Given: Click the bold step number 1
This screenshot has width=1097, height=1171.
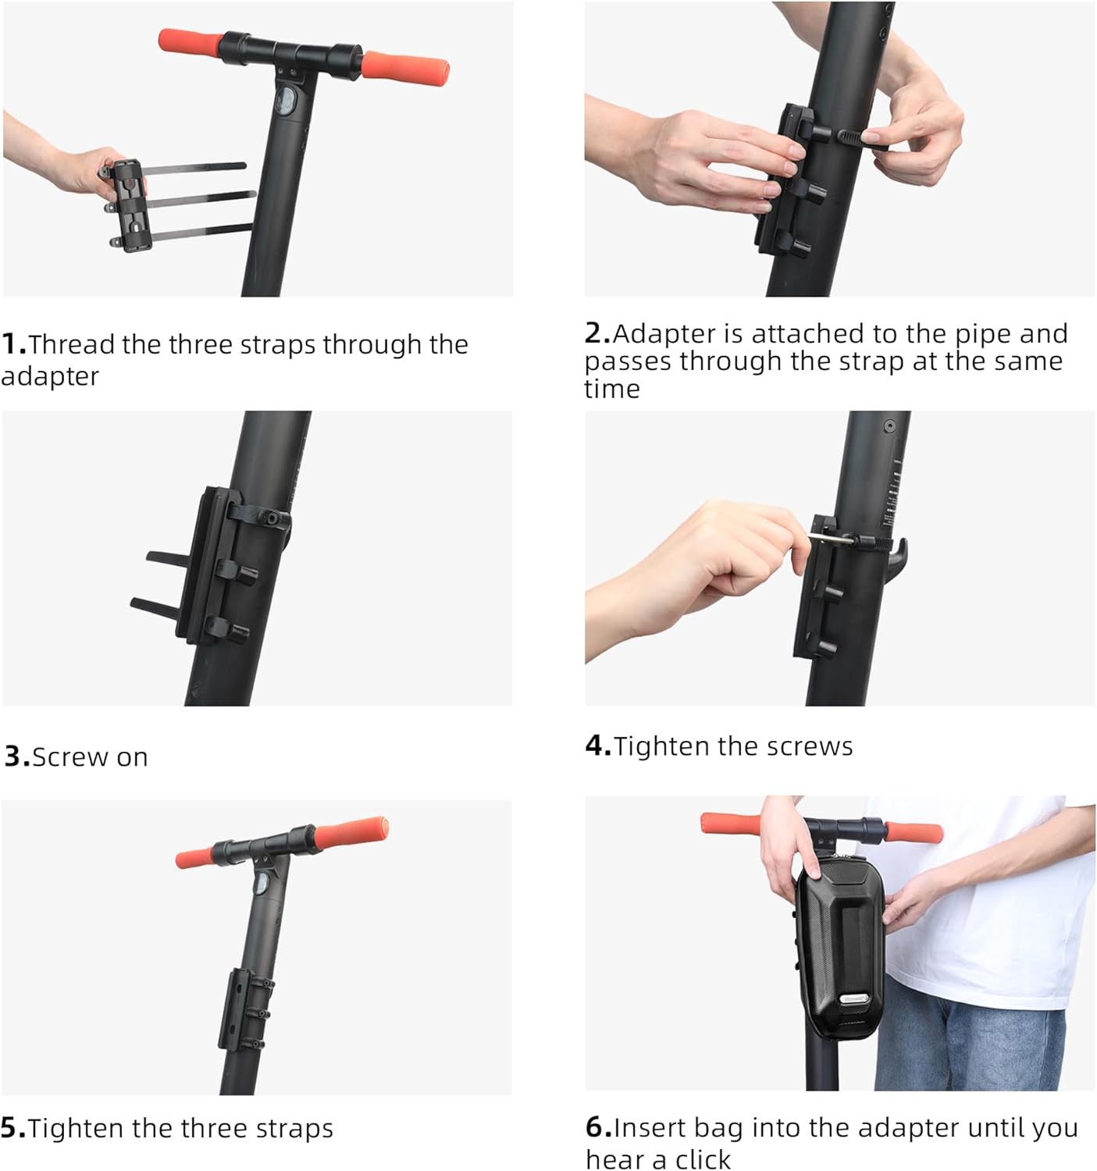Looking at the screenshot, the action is pos(13,344).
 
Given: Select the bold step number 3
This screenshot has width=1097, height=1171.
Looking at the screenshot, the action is pos(16,756).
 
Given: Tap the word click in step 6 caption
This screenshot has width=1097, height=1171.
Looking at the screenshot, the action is pos(703,1159).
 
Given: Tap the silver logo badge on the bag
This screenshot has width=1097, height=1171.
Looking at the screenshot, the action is pos(853,998).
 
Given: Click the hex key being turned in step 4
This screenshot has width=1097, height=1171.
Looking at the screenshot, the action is pos(831,538).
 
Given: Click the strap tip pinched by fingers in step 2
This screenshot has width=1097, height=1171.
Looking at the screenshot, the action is pos(862,138).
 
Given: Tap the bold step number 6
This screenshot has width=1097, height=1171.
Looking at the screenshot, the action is pos(598,1127).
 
